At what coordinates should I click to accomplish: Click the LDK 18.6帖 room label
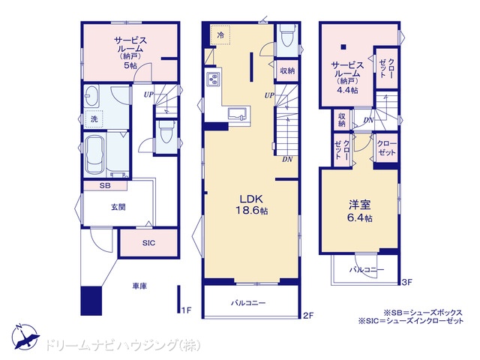pos(251,205)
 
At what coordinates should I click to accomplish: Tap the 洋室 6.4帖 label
pos(360,211)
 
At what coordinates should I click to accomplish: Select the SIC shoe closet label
pos(148,243)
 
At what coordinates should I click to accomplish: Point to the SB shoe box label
pos(105,185)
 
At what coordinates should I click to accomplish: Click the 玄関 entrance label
pos(118,207)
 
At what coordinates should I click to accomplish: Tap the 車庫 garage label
pos(139,286)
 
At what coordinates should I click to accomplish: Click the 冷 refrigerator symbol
pos(220,35)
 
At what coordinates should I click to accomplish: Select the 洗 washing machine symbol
pos(94,118)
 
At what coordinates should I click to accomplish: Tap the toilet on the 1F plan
pos(166,132)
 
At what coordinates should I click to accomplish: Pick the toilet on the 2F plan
pos(287,35)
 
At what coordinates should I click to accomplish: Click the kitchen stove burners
pos(213,79)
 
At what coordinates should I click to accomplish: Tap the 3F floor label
pos(406,282)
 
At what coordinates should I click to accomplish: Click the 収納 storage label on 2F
pos(287,70)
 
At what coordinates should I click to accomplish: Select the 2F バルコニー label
pos(248,303)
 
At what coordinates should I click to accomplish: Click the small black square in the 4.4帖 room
pos(343,46)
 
